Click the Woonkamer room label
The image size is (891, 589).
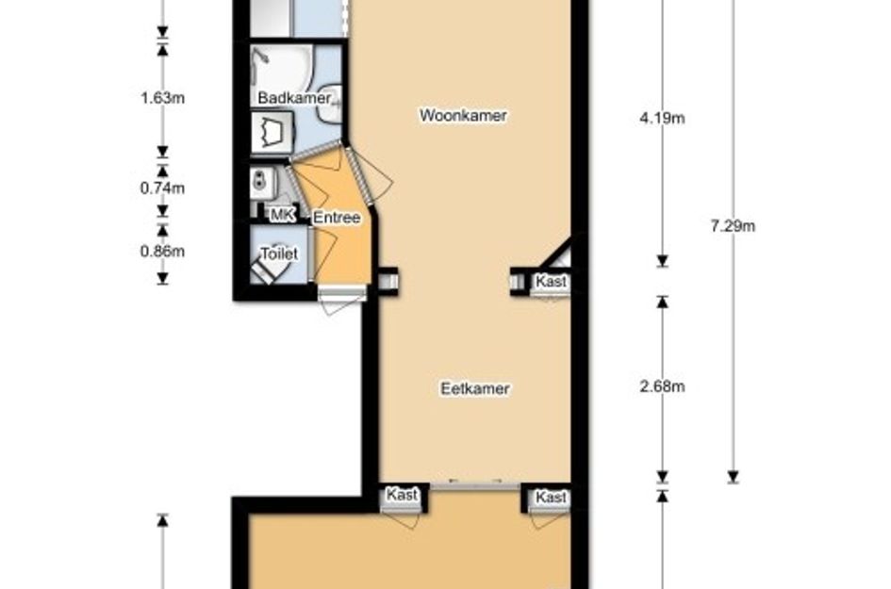(463, 116)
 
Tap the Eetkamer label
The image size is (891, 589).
(475, 388)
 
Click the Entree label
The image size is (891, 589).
(337, 218)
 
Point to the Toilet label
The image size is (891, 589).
(278, 254)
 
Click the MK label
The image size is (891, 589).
(282, 216)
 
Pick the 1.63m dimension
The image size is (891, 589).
(161, 97)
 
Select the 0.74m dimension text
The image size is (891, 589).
(161, 188)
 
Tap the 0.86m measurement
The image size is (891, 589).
(161, 251)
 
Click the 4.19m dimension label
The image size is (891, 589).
(661, 118)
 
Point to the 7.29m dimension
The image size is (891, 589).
(733, 225)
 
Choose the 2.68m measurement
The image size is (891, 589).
(661, 387)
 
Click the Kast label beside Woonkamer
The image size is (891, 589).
(551, 281)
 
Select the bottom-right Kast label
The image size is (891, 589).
(551, 497)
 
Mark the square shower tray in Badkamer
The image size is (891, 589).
(272, 131)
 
